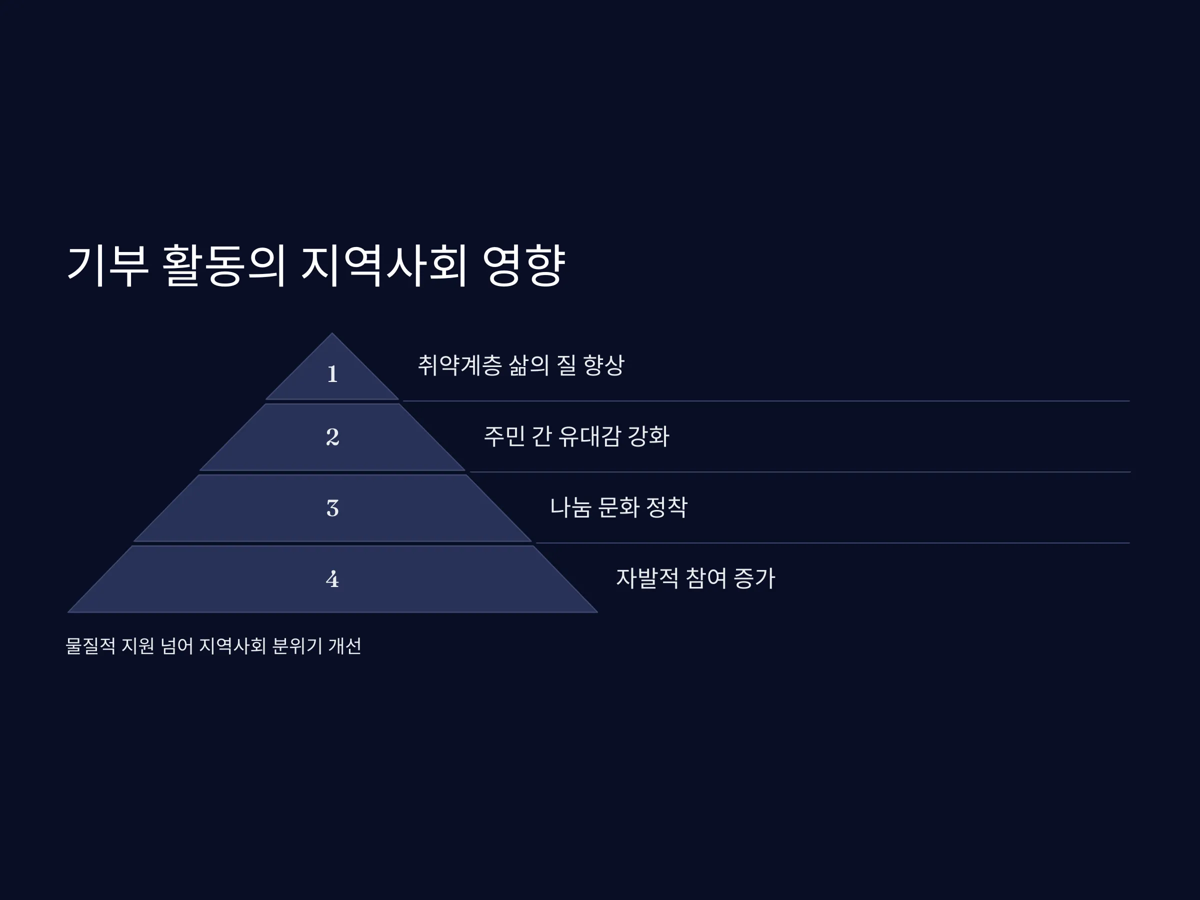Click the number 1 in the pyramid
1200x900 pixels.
tap(332, 374)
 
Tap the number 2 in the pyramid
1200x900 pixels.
tap(332, 436)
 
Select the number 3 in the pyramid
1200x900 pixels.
tap(332, 508)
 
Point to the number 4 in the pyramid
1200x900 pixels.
tap(332, 579)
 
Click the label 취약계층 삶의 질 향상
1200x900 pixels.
tap(521, 365)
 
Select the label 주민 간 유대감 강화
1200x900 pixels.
tap(576, 436)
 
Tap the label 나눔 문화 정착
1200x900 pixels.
tap(618, 507)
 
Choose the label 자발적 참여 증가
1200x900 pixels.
tap(695, 578)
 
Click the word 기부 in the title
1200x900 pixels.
tap(107, 265)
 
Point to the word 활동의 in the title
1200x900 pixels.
tap(223, 265)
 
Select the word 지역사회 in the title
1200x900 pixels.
tap(383, 265)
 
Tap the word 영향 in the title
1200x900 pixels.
tap(523, 265)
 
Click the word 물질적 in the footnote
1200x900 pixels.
tap(90, 646)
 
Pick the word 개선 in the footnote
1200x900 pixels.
tap(345, 646)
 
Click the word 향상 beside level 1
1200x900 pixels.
tap(604, 365)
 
